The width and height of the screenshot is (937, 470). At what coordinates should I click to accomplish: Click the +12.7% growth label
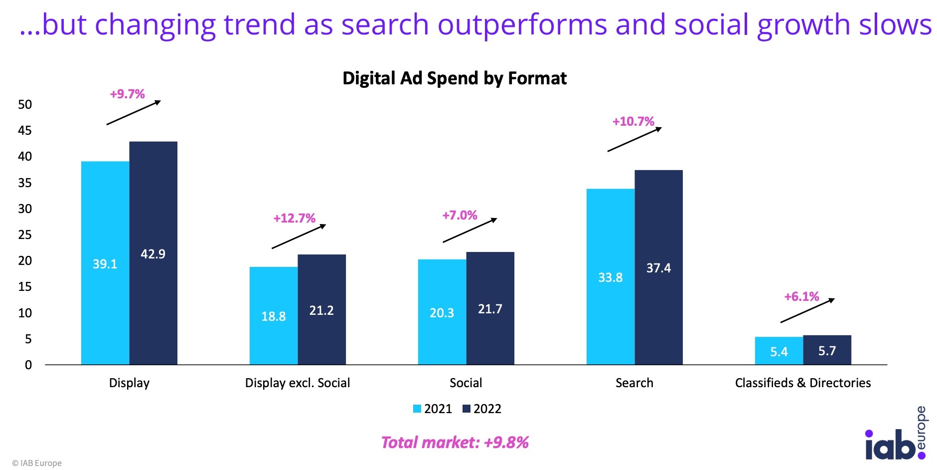click(294, 218)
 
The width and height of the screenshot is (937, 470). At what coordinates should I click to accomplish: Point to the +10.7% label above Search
click(633, 121)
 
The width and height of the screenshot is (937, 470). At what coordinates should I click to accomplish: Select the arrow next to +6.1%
click(807, 310)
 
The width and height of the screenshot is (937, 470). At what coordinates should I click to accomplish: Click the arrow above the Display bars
click(134, 112)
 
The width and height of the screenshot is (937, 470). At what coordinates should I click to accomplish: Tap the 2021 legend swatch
click(417, 409)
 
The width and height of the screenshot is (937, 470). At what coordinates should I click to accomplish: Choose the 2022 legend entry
click(481, 409)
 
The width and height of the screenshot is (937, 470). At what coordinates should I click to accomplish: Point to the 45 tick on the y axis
click(24, 130)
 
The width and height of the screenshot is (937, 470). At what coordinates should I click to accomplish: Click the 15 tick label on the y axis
click(24, 286)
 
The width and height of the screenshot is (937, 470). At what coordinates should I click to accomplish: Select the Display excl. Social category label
click(298, 383)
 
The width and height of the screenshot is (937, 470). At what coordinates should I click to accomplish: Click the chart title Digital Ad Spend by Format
click(454, 78)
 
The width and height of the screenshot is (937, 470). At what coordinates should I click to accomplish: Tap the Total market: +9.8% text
click(454, 442)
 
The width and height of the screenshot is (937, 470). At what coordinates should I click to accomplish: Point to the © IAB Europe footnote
click(37, 463)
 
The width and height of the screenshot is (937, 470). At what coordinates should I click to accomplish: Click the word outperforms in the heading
click(522, 25)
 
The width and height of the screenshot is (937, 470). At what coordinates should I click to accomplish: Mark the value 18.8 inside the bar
click(273, 316)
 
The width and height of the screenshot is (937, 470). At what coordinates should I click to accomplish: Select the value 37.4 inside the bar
click(658, 268)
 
